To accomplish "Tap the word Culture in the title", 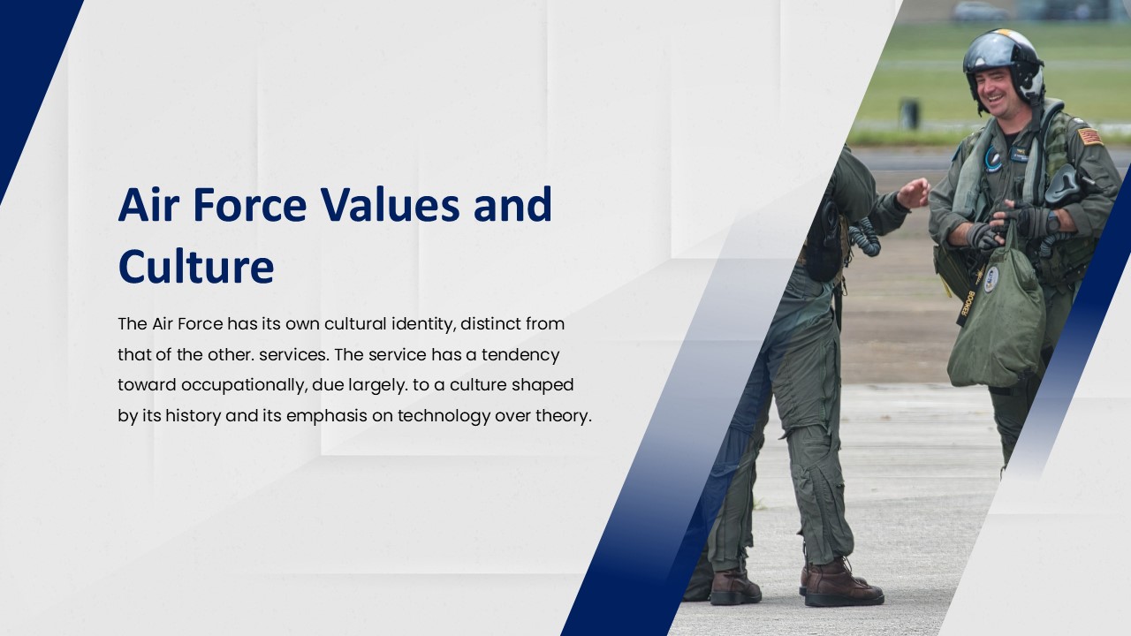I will tap(196, 267).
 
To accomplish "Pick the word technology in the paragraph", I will tap(443, 416).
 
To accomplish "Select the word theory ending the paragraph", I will tap(562, 416).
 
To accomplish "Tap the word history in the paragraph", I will tap(192, 416).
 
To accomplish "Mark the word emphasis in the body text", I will tap(327, 416).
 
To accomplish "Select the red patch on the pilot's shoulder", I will tap(1089, 135).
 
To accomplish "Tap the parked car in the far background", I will tap(980, 11).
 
